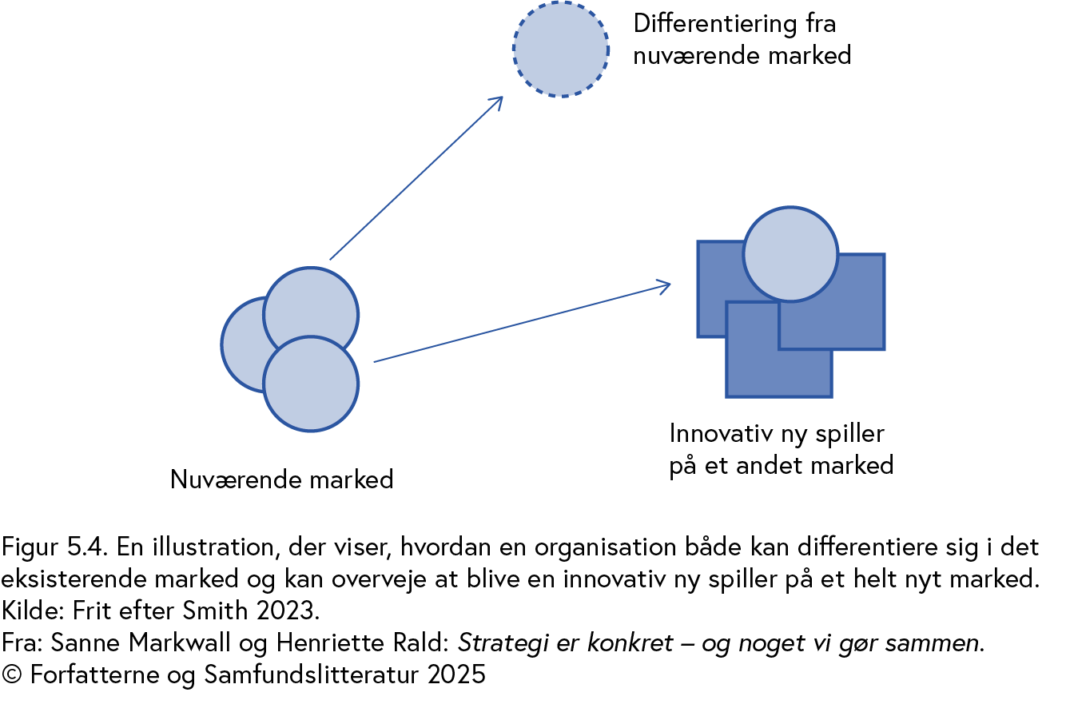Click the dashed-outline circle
561,49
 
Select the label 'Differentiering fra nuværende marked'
741,39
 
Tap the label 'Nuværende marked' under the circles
282,479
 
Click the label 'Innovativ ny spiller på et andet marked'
780,449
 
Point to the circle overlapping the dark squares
790,254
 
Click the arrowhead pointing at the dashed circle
498,101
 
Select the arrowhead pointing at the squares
664,285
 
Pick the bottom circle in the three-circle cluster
311,388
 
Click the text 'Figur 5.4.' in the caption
55,547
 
